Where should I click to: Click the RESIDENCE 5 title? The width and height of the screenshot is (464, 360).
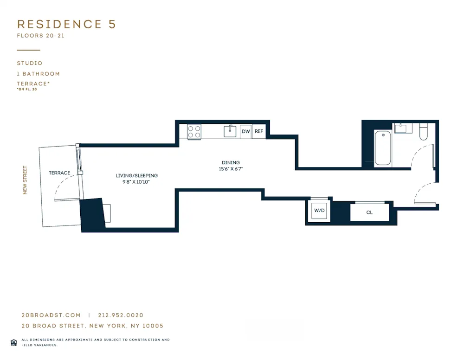click(66, 25)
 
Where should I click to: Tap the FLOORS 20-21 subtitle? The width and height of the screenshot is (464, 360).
click(40, 36)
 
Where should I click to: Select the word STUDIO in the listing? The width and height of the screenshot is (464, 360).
click(30, 63)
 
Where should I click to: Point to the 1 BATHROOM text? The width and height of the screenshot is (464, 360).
click(39, 74)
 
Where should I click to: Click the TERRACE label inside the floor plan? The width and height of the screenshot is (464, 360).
click(59, 173)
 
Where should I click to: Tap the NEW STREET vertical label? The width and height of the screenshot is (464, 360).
click(26, 180)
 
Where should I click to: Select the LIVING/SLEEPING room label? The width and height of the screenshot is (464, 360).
click(136, 176)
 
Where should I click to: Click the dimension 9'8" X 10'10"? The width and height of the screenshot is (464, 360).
click(136, 182)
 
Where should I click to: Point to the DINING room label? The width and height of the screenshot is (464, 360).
click(231, 163)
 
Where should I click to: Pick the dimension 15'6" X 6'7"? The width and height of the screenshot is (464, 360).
click(231, 169)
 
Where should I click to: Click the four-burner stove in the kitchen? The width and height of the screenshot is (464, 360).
click(194, 132)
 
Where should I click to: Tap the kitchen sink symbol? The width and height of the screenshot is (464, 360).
click(230, 131)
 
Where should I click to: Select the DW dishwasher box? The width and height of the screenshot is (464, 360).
click(246, 132)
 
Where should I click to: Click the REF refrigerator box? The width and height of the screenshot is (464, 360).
click(259, 132)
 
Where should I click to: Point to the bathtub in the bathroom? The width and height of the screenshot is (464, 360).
click(383, 148)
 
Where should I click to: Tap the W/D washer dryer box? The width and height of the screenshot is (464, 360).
click(319, 211)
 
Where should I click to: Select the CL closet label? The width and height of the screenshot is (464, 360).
click(369, 212)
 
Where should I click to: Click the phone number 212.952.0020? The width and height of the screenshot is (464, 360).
click(121, 315)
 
